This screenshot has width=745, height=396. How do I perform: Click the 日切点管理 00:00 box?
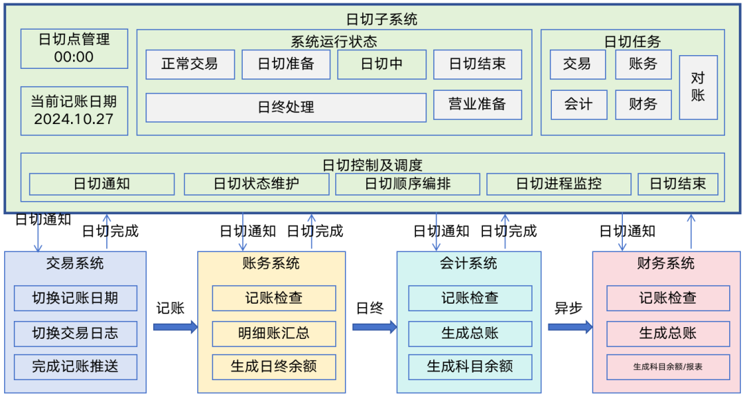click(74, 48)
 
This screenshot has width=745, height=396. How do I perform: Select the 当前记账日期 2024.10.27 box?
click(74, 111)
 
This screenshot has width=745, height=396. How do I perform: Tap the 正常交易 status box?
click(190, 64)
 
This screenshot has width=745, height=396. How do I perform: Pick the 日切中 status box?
click(381, 64)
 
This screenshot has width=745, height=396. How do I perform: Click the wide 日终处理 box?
click(286, 107)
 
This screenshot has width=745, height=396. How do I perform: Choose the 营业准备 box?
click(477, 104)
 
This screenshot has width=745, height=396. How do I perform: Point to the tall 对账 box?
click(698, 87)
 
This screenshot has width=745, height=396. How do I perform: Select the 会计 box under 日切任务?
click(578, 105)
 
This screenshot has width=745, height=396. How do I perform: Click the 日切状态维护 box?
click(256, 184)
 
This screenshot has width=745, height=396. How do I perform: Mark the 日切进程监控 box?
click(559, 184)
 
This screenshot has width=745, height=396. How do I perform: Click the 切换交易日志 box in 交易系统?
click(75, 333)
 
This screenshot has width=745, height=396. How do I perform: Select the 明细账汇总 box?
click(273, 333)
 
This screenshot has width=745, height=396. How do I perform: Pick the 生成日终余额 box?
click(273, 366)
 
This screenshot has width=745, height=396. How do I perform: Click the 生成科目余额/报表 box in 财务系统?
click(668, 366)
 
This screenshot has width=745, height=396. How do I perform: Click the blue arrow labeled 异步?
click(570, 326)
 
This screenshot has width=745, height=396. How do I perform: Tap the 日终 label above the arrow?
click(370, 308)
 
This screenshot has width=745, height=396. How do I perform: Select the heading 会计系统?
click(468, 263)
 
